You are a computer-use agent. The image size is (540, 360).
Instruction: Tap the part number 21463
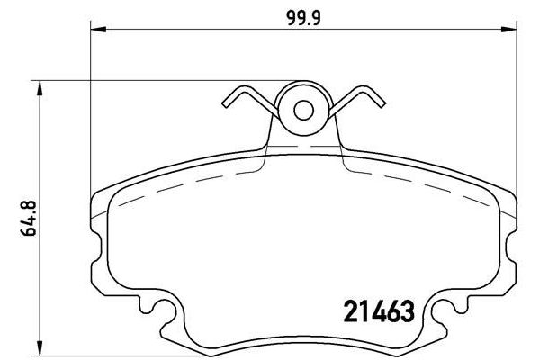point(379,311)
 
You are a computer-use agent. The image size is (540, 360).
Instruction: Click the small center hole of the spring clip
point(303,110)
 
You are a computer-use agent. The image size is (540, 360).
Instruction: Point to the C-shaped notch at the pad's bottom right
point(443,314)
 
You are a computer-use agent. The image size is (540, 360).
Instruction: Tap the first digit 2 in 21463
point(352,311)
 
